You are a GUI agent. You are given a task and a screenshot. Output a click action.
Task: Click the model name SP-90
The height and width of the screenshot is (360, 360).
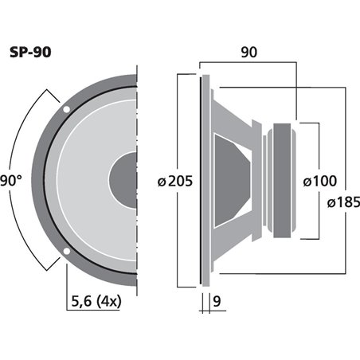[x=33, y=52]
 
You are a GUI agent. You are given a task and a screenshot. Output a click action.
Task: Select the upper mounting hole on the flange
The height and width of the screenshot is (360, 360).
[x=66, y=108]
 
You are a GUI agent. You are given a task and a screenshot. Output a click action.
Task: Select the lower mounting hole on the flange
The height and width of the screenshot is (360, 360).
[x=66, y=253]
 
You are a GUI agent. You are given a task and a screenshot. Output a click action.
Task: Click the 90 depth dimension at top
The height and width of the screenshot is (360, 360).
[x=248, y=53]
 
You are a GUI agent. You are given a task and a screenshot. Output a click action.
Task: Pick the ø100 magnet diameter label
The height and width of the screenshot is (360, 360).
[x=323, y=181]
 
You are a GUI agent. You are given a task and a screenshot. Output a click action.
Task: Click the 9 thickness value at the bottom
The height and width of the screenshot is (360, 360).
[x=217, y=303]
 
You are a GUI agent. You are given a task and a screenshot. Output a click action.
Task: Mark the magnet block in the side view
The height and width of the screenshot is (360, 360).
[x=283, y=181]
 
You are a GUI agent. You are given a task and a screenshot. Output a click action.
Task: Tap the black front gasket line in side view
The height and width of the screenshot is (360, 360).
[x=200, y=181]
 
